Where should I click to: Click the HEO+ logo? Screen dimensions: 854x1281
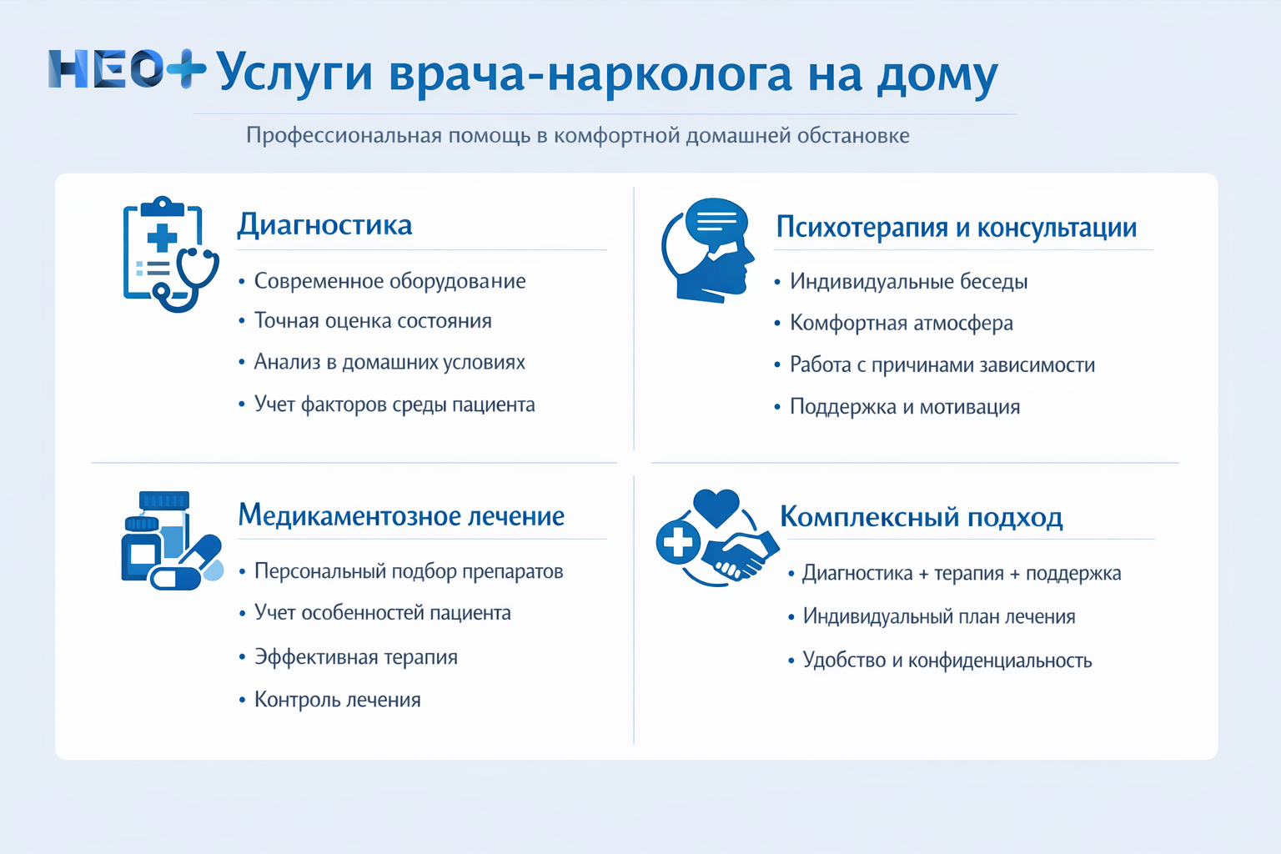tap(126, 69)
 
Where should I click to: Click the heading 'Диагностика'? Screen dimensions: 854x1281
tap(324, 225)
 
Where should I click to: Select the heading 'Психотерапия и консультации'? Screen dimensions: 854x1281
tap(956, 227)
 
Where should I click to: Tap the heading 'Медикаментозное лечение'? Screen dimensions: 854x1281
tap(401, 515)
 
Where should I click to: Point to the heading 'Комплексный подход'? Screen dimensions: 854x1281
tap(921, 517)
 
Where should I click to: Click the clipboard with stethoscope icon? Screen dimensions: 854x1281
tap(170, 254)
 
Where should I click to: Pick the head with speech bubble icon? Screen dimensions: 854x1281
tap(709, 249)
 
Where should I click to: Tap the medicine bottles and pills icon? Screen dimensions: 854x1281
tap(171, 541)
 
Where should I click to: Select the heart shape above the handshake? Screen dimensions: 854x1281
tap(716, 506)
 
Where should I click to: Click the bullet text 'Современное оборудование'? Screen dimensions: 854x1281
tap(389, 281)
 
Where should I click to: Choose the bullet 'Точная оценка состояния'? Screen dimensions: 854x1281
tap(373, 321)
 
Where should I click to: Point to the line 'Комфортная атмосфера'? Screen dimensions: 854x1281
tap(901, 323)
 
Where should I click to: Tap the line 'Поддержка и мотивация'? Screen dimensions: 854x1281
tap(904, 407)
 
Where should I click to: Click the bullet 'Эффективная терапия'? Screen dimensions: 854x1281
tap(355, 657)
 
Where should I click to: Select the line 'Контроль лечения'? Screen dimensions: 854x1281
tap(337, 700)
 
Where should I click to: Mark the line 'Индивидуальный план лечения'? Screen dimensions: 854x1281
tap(938, 616)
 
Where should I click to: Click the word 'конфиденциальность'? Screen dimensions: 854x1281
tap(999, 661)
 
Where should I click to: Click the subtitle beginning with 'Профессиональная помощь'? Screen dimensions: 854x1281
tap(577, 135)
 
